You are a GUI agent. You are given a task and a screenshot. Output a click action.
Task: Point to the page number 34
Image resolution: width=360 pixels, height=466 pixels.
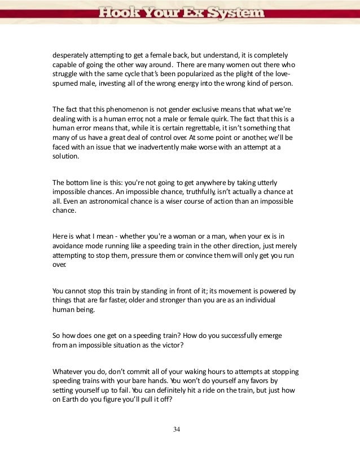[177, 430]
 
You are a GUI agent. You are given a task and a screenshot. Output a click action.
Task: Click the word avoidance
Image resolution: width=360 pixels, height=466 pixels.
[72, 246]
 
